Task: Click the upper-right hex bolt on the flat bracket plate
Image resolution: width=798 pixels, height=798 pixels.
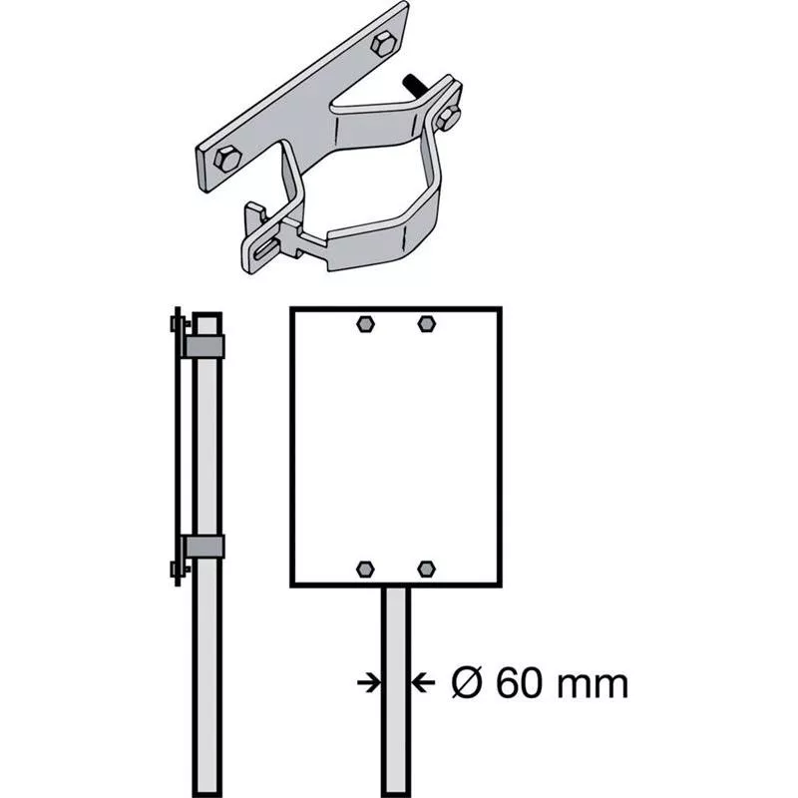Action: pyautogui.click(x=383, y=44)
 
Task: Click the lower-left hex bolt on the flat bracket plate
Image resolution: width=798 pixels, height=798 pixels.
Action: pyautogui.click(x=226, y=159)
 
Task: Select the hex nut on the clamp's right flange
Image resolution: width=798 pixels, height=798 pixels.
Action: pyautogui.click(x=448, y=118)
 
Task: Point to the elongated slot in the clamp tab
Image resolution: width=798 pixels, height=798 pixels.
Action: pyautogui.click(x=266, y=250)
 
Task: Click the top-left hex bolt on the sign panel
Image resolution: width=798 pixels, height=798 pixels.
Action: pyautogui.click(x=365, y=323)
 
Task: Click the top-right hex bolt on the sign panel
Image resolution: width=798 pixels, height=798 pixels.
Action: pyautogui.click(x=427, y=323)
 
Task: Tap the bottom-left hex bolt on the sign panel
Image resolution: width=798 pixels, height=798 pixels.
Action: pyautogui.click(x=365, y=569)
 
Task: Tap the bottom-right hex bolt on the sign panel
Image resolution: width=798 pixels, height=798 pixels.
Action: pyautogui.click(x=427, y=569)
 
